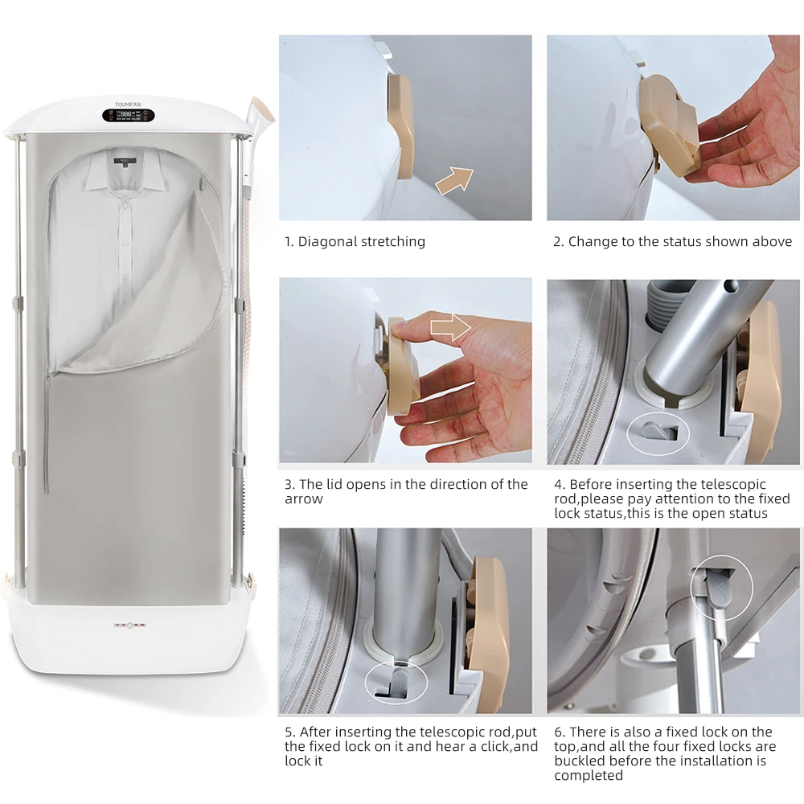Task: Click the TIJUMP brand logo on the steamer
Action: pyautogui.click(x=128, y=104)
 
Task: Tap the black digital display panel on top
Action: pyautogui.click(x=128, y=115)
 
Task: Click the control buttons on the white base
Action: pyautogui.click(x=129, y=625)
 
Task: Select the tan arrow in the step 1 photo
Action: pyautogui.click(x=455, y=180)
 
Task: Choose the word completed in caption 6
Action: pyautogui.click(x=589, y=775)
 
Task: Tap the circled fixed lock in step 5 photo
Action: pyautogui.click(x=396, y=683)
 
